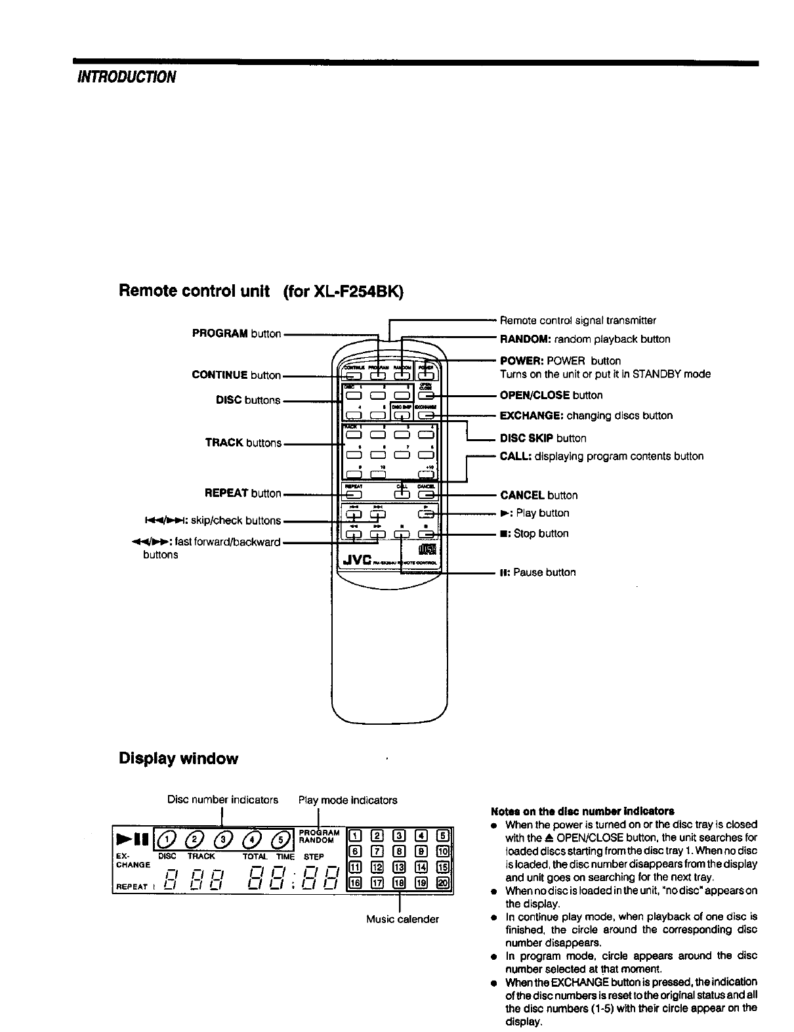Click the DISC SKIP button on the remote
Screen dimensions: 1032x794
point(401,415)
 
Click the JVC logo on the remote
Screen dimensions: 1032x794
point(356,559)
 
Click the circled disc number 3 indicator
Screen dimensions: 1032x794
point(225,838)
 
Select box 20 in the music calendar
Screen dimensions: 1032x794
point(443,883)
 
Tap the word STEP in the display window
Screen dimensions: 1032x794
point(314,857)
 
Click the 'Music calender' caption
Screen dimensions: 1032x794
point(402,919)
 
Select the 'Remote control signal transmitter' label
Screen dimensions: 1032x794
point(577,320)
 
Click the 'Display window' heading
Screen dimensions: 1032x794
point(178,759)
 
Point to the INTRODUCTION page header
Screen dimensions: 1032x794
point(127,77)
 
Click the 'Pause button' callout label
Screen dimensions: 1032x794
point(538,572)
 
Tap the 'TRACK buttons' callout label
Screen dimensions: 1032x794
point(243,443)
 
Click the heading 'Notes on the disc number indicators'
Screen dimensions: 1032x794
point(582,811)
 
